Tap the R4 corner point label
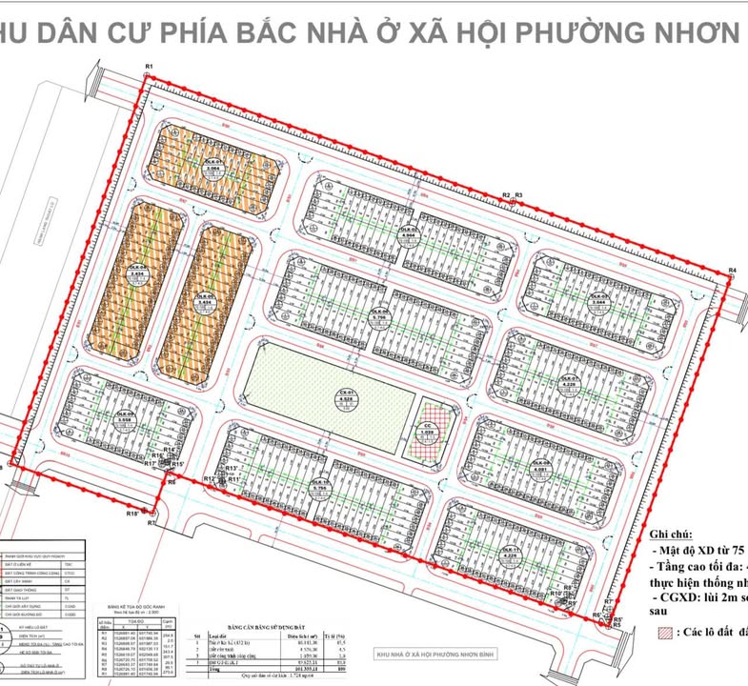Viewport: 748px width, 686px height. pos(732,272)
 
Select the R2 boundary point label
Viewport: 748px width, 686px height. pos(507,195)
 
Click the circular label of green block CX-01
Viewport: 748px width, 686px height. pos(348,398)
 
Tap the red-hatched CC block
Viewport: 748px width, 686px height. pos(428,434)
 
